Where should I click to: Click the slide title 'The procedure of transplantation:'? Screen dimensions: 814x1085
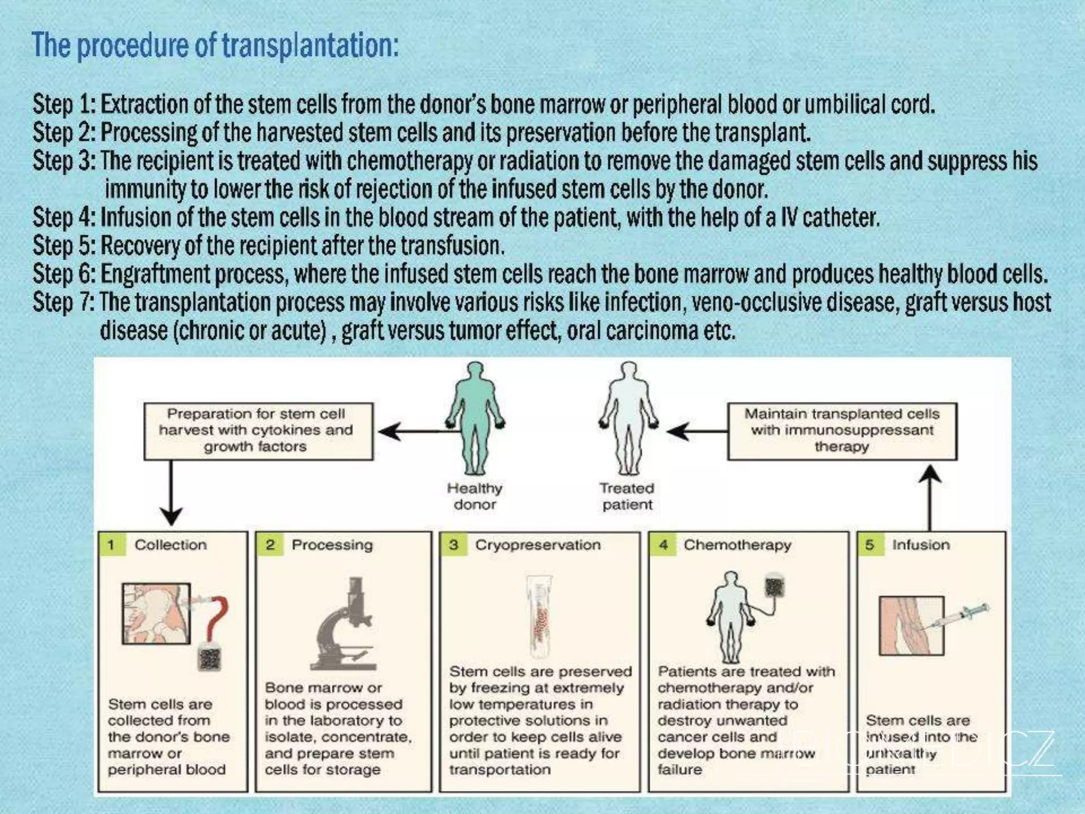(x=215, y=46)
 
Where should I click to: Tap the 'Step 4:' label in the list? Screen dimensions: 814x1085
(x=64, y=217)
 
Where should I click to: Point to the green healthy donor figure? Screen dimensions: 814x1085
(x=475, y=419)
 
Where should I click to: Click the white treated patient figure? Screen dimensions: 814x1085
(x=628, y=419)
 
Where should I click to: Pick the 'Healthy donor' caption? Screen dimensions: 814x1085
(x=475, y=496)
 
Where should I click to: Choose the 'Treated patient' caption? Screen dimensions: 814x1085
(x=627, y=496)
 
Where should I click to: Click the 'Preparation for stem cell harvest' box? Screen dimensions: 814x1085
(x=258, y=430)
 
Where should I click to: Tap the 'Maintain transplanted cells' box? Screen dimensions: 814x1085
(x=842, y=430)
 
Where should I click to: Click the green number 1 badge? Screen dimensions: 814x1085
(x=111, y=545)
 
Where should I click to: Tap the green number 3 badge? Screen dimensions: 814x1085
(x=453, y=545)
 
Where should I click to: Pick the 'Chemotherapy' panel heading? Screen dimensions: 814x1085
(x=737, y=545)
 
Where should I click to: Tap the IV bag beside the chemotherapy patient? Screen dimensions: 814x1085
(x=774, y=587)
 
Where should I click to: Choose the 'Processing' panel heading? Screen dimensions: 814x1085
(x=332, y=545)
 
